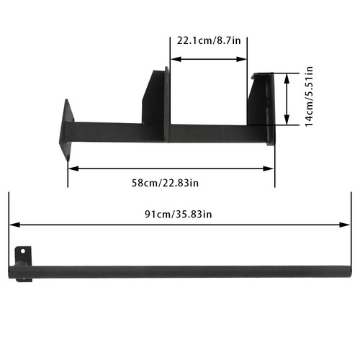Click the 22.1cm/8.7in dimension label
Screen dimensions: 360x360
pyautogui.click(x=209, y=40)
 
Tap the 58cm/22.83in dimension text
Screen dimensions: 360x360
pyautogui.click(x=165, y=183)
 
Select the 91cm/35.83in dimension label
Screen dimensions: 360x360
pyautogui.click(x=179, y=214)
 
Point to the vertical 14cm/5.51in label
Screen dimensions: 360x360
pyautogui.click(x=309, y=96)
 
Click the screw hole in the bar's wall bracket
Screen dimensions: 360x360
pyautogui.click(x=23, y=251)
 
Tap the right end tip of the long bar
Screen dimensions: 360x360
pyautogui.click(x=351, y=271)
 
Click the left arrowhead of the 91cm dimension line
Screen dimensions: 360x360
pyautogui.click(x=14, y=225)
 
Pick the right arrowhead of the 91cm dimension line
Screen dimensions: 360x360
pyautogui.click(x=345, y=225)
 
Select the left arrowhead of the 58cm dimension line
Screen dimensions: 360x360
pyautogui.click(x=73, y=168)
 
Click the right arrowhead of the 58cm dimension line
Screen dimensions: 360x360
pyautogui.click(x=269, y=168)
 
